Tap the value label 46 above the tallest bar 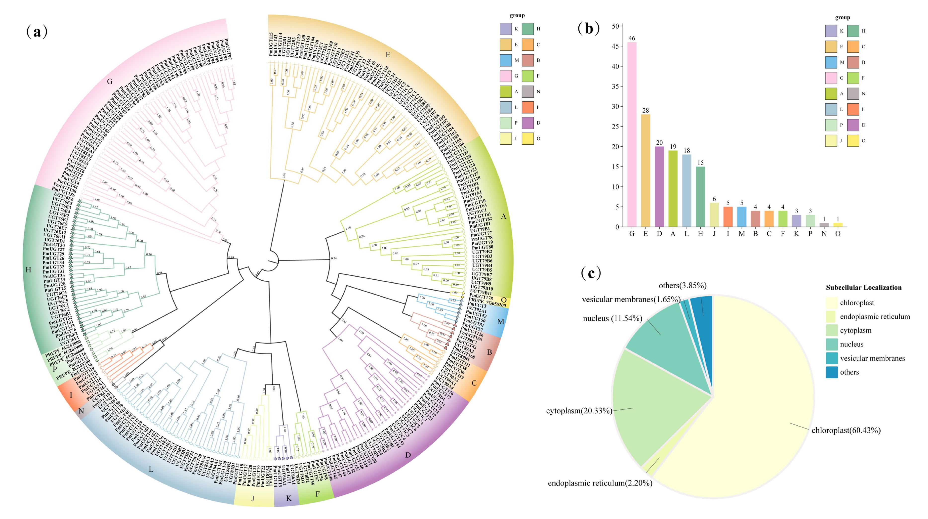pos(632,38)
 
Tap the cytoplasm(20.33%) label pos(579,411)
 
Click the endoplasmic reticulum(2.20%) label pos(600,483)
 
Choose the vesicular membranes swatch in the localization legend pos(831,358)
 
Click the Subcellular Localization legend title pos(863,288)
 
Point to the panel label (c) pos(591,274)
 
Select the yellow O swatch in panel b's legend pos(853,141)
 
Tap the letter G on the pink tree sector pos(110,82)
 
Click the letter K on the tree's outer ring pos(288,498)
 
